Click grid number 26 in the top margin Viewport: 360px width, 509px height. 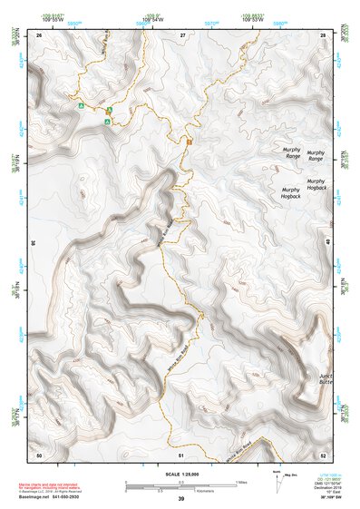point(39,34)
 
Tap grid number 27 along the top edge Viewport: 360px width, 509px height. point(182,34)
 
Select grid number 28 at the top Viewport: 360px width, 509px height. point(326,34)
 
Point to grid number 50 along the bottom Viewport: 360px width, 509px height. point(38,454)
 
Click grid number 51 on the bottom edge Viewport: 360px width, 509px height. point(181,454)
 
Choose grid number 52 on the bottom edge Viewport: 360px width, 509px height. point(325,454)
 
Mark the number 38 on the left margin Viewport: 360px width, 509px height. point(33,243)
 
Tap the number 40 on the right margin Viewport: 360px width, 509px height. point(328,243)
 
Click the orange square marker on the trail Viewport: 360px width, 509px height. point(190,142)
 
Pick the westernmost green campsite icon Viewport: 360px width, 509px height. point(82,106)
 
